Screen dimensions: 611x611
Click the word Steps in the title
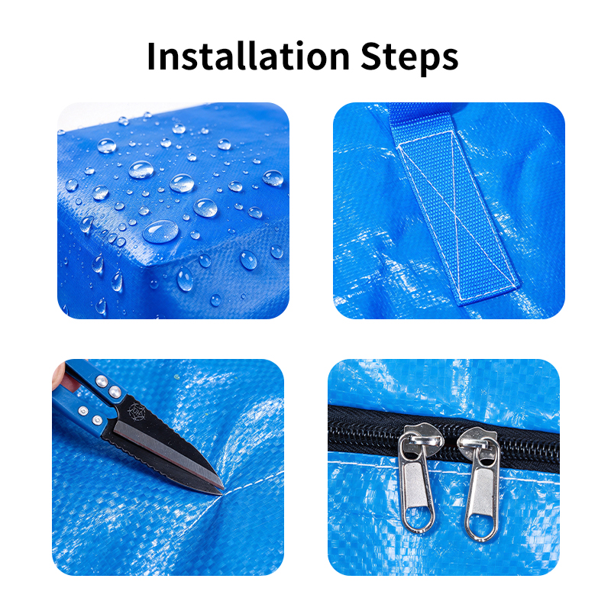[409, 59]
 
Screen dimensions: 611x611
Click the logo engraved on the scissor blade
[137, 413]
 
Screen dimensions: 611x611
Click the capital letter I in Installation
[152, 56]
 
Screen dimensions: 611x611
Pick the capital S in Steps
[371, 56]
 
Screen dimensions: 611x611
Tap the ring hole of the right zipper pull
[481, 526]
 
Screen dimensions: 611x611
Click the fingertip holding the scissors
[59, 375]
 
